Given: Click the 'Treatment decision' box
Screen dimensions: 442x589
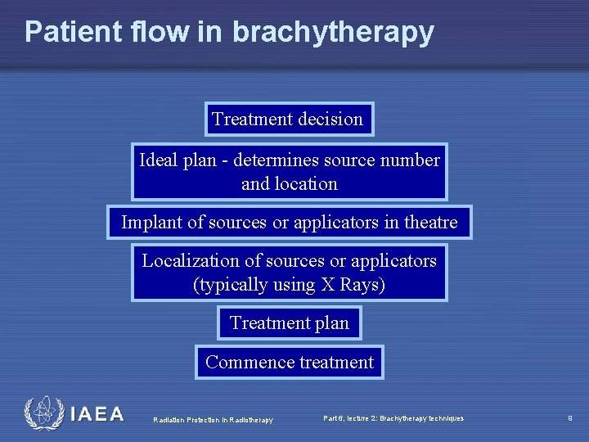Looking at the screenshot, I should pos(289,120).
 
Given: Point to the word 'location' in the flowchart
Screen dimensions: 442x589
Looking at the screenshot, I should pos(307,183).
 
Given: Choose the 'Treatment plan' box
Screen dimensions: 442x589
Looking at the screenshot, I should pos(289,323).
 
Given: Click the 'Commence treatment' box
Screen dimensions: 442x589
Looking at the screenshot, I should pos(289,363).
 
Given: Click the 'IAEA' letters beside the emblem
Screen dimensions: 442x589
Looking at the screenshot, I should pos(97,415).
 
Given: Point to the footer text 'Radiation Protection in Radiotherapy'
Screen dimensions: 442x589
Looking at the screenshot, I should pos(213,420).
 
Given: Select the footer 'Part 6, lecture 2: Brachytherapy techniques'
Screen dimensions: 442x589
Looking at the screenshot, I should pos(393,418).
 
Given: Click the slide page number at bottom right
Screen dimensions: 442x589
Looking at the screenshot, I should pos(569,418).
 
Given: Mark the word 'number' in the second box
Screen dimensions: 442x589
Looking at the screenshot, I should pos(411,160).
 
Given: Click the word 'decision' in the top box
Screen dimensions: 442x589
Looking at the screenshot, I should pos(330,120).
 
